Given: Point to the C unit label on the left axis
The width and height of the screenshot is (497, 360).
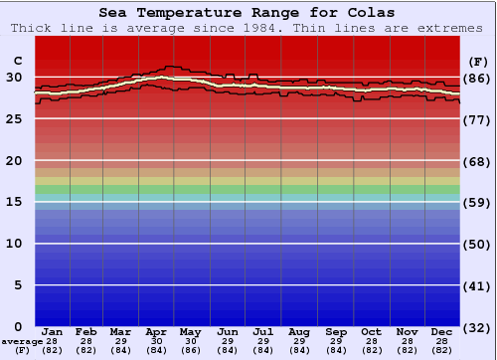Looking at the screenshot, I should [17, 60].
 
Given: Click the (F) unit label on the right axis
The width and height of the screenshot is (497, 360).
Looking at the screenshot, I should [477, 60].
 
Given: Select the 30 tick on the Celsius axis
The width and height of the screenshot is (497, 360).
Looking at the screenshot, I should [14, 77].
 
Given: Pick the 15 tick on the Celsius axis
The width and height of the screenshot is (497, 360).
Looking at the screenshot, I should [14, 202].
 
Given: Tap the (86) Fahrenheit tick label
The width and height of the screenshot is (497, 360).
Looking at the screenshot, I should [477, 78].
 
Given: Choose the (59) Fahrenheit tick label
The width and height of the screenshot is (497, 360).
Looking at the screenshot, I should [477, 203].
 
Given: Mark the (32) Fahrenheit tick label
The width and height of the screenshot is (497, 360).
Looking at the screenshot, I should [477, 328].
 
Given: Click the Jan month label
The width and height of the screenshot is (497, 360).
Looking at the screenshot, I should [53, 331].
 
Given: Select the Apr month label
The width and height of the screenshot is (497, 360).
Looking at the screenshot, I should [157, 331].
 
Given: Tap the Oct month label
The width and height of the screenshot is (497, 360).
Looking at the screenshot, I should [371, 331].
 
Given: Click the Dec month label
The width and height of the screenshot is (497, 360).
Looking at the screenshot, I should [442, 331].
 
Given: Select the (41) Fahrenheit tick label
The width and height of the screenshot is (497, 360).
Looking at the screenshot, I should [477, 286].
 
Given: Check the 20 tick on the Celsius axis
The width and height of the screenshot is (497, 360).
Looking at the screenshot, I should [14, 160].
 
